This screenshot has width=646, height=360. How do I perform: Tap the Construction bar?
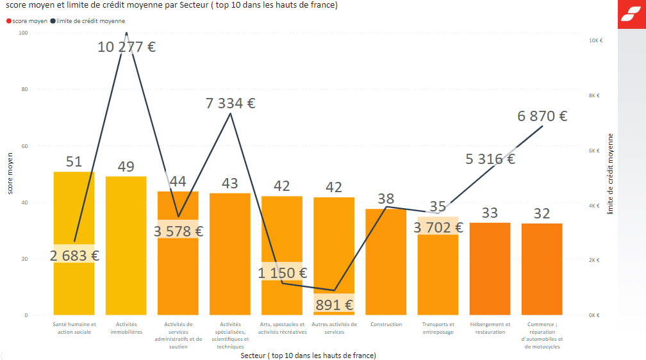386,269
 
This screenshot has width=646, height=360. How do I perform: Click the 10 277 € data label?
127,47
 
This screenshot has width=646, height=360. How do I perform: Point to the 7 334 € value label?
230,103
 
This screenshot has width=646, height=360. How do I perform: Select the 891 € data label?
334,305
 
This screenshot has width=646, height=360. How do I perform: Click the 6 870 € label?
542,116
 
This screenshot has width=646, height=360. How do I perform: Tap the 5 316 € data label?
490,159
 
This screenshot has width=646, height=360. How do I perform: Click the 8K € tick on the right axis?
595,95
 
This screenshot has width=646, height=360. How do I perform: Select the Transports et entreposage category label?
438,328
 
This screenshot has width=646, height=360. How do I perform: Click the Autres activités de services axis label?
334,328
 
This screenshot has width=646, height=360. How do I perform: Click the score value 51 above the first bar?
74,161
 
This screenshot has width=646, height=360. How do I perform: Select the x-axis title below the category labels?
308,355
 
